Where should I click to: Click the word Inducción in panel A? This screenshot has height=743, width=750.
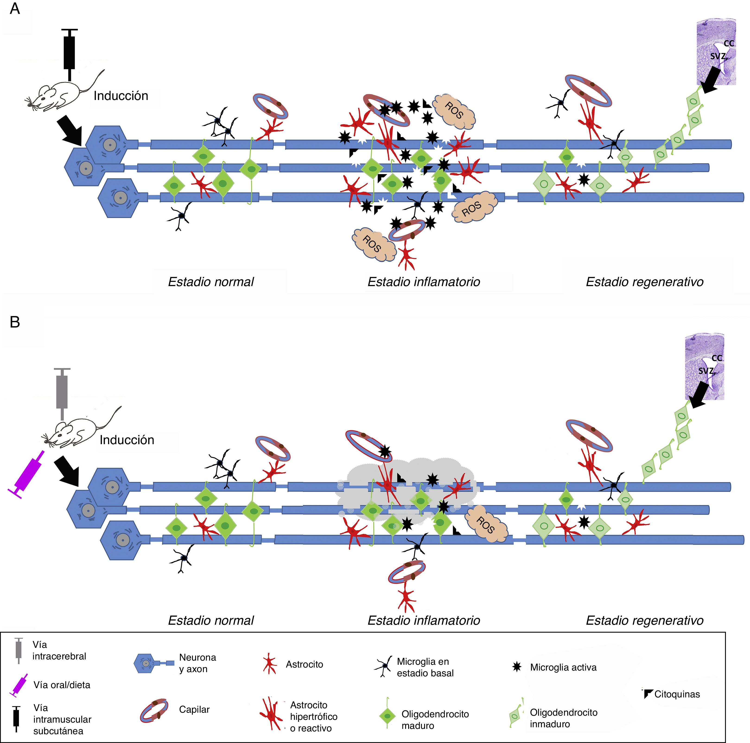(121, 96)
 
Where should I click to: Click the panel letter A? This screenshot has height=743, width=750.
(15, 9)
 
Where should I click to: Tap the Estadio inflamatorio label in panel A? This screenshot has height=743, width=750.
(423, 282)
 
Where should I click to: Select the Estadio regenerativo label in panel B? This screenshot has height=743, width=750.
(644, 621)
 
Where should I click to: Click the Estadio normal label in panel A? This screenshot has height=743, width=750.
(211, 282)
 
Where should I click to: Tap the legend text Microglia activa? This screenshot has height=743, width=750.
(563, 667)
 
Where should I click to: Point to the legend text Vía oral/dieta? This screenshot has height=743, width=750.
(62, 685)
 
